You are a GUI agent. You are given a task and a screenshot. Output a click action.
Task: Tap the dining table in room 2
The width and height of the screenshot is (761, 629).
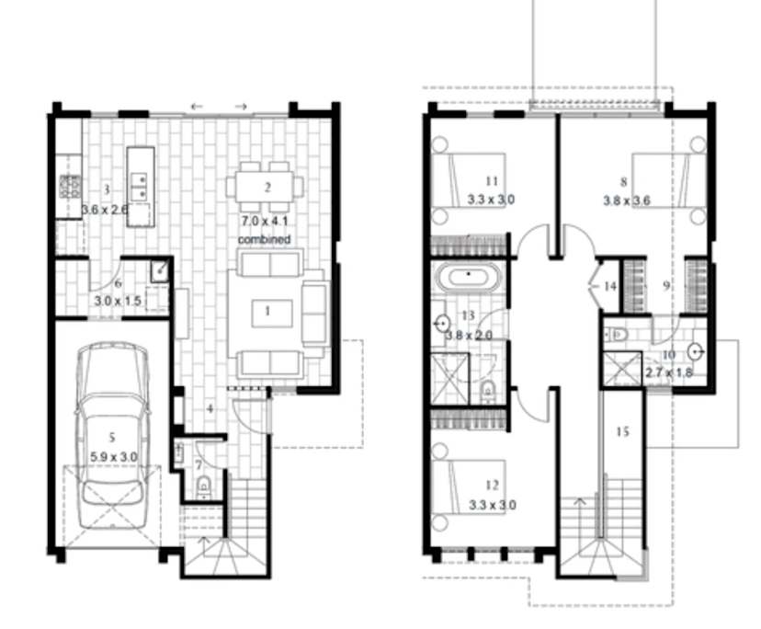(x=265, y=188)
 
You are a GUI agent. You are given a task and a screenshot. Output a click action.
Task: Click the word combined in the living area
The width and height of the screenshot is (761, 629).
(x=264, y=239)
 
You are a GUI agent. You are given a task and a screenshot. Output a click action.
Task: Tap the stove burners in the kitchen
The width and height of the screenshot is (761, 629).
(x=70, y=188)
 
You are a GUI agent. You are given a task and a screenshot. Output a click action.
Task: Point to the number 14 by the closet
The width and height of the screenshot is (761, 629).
(x=611, y=286)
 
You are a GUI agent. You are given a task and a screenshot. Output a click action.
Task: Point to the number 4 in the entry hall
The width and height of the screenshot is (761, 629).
(x=210, y=408)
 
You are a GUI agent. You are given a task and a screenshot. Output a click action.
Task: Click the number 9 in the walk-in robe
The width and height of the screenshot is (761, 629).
(x=665, y=286)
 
